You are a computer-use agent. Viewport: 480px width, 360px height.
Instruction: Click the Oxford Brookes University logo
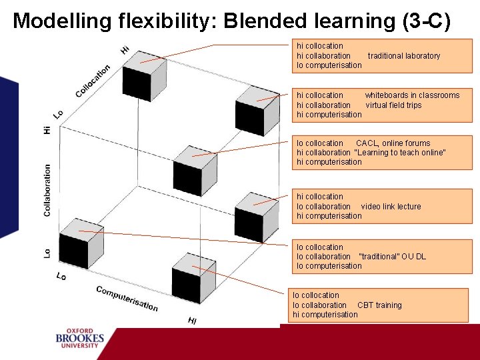pos(80,338)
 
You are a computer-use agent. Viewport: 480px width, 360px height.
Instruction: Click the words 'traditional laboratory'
pos(403,56)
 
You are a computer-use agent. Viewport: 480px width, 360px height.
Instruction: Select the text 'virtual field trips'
pos(393,105)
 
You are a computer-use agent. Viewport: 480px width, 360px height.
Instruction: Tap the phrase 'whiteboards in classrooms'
pos(412,95)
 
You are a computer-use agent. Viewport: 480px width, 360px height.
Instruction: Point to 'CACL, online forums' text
pos(393,143)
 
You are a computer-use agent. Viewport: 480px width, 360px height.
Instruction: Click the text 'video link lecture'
pos(391,207)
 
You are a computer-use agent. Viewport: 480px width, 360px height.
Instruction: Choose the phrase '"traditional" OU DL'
pos(392,257)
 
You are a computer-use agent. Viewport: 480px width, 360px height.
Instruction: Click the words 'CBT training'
pos(379,305)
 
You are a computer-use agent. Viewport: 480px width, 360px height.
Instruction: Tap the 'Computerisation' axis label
pos(127,298)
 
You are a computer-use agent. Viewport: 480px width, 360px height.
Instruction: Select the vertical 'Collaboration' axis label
pos(47,190)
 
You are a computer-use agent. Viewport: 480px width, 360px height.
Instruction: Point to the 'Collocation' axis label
pos(93,81)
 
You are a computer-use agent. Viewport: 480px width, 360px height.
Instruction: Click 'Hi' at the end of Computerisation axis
pos(192,321)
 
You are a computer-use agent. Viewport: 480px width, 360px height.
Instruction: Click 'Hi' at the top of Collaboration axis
pos(47,129)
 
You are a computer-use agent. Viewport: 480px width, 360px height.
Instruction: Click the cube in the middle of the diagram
pos(195,169)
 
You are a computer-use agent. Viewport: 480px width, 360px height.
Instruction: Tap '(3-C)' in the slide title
pos(426,21)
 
